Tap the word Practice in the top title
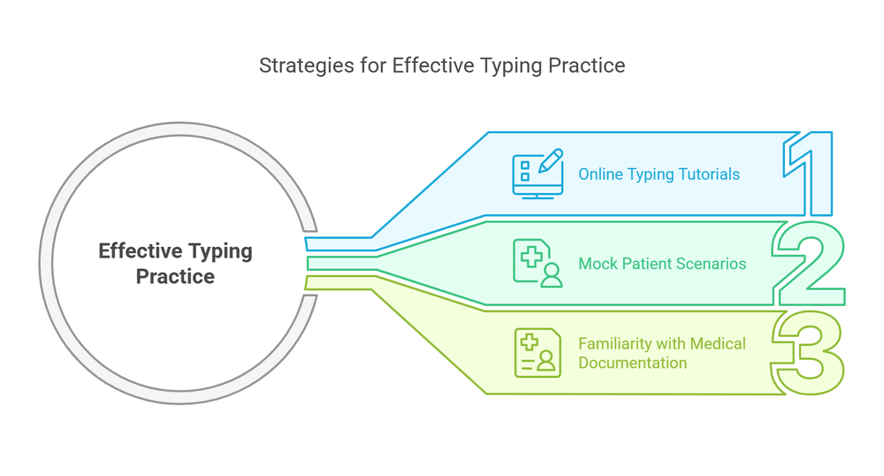[x=593, y=65]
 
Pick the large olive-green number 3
[x=807, y=352]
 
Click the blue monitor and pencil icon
[x=537, y=173]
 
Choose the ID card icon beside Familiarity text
[x=537, y=353]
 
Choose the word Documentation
[x=632, y=363]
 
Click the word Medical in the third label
[x=718, y=343]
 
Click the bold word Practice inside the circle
[x=175, y=277]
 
